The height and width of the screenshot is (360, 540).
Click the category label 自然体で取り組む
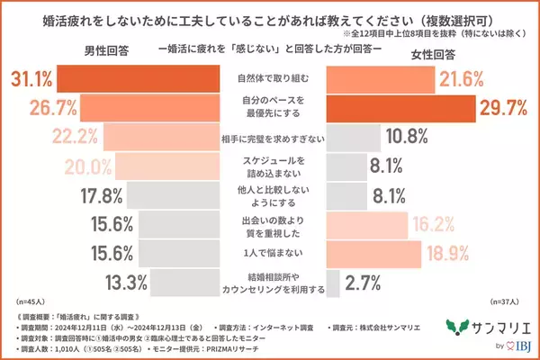271,79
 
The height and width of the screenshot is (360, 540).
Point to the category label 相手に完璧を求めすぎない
271,139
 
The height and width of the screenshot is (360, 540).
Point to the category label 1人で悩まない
271,253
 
